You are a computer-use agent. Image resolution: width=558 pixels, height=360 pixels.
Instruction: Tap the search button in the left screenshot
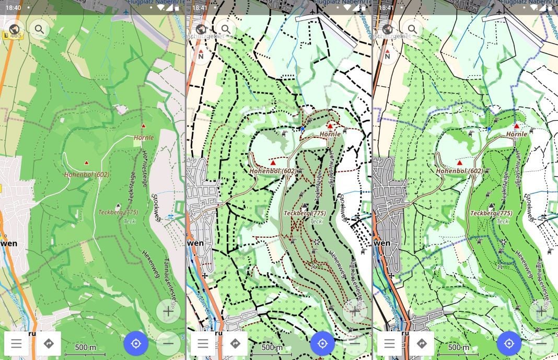[x=39, y=29]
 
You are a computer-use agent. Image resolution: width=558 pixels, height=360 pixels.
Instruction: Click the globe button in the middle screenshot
[x=201, y=29]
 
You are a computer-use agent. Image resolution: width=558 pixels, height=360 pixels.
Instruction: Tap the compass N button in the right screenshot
[x=387, y=54]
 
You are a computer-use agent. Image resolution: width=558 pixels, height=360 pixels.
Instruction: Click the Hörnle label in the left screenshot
[x=143, y=138]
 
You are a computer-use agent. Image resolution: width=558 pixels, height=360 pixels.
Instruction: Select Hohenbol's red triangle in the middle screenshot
[x=273, y=163]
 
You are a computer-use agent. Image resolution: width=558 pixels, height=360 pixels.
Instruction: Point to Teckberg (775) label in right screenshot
[x=491, y=213]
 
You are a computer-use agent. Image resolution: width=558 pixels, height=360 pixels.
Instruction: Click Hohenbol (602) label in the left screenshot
[x=86, y=174]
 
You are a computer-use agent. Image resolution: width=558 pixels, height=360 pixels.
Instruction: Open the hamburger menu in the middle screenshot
[x=203, y=343]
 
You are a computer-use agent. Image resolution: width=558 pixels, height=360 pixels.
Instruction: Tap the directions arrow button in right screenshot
[x=422, y=343]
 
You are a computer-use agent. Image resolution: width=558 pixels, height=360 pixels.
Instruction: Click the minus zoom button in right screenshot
[x=541, y=343]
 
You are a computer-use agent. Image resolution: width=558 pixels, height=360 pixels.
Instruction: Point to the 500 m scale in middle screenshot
[x=272, y=347]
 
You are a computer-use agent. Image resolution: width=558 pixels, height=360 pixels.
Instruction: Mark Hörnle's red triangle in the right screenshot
[x=517, y=126]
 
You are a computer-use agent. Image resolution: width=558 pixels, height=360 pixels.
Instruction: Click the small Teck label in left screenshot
[x=129, y=221]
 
